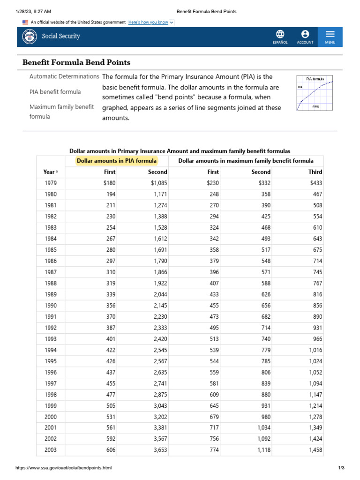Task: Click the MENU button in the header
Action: point(330,37)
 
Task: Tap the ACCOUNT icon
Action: point(305,34)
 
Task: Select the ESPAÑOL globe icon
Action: point(280,34)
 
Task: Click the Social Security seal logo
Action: point(30,37)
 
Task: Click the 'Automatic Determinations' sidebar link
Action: point(64,76)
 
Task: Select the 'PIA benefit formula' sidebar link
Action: point(55,92)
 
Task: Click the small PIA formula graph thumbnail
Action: point(315,93)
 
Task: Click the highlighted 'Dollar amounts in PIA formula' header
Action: point(117,161)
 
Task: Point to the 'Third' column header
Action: point(315,172)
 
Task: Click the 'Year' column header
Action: point(50,172)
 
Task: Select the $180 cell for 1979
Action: point(109,183)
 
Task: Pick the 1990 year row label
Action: point(51,306)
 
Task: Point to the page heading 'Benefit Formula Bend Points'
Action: point(77,62)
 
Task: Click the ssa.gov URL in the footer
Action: point(64,468)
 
